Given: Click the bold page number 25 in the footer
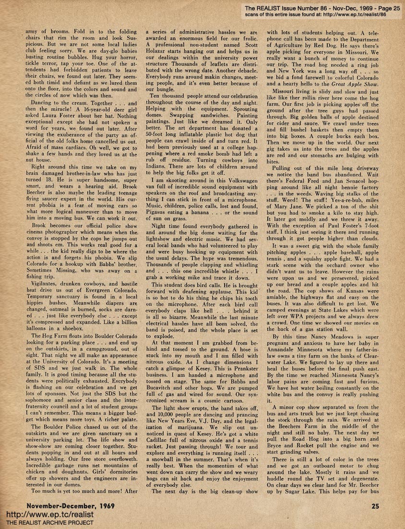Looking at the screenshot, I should [x=376, y=505].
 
